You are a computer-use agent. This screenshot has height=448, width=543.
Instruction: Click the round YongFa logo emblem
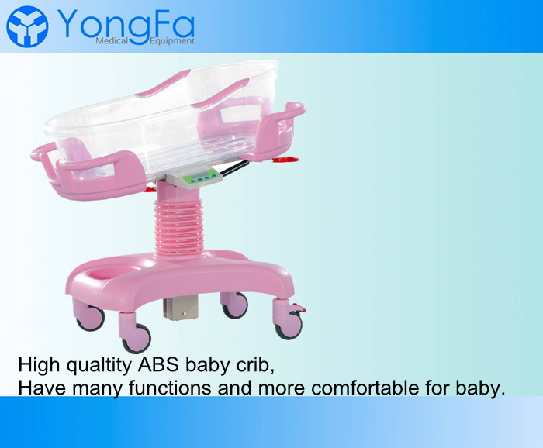click(x=27, y=26)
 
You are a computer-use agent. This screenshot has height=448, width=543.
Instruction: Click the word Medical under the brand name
click(x=112, y=41)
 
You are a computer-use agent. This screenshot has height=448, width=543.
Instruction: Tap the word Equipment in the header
click(x=172, y=41)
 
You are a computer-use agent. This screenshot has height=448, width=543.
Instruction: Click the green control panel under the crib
click(x=202, y=177)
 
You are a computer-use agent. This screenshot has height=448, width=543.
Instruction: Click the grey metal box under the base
click(x=181, y=308)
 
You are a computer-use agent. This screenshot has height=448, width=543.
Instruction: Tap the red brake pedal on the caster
click(x=299, y=308)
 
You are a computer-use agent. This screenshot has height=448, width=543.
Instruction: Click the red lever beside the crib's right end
click(x=285, y=160)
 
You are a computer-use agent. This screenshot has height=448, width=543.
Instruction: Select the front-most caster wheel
click(x=137, y=339)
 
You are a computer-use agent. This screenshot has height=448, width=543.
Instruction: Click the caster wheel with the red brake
click(x=289, y=326)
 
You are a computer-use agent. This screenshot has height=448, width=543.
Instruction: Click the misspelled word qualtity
click(x=99, y=366)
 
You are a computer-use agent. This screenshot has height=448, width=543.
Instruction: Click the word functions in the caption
click(x=170, y=388)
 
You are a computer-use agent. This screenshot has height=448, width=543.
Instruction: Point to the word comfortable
click(x=365, y=388)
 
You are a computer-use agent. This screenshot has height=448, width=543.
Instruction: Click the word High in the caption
click(x=39, y=366)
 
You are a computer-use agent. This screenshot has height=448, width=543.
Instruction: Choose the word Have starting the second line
click(x=42, y=388)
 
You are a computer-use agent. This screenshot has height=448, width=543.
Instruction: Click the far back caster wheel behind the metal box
click(x=235, y=305)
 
